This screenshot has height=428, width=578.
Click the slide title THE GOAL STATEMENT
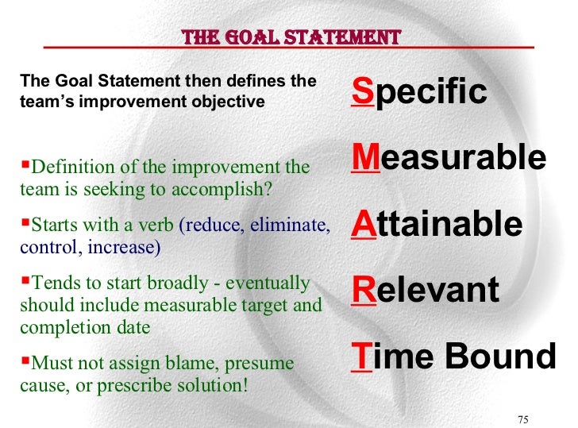[x=291, y=37]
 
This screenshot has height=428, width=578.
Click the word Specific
[x=418, y=92]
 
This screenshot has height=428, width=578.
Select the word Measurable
[x=449, y=158]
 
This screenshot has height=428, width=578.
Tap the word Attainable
[x=437, y=225]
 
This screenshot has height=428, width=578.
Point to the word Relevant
[x=425, y=291]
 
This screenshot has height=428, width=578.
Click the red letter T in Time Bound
[x=360, y=357]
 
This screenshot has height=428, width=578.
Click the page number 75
[x=522, y=418]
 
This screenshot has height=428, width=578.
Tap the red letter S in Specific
[x=361, y=92]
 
